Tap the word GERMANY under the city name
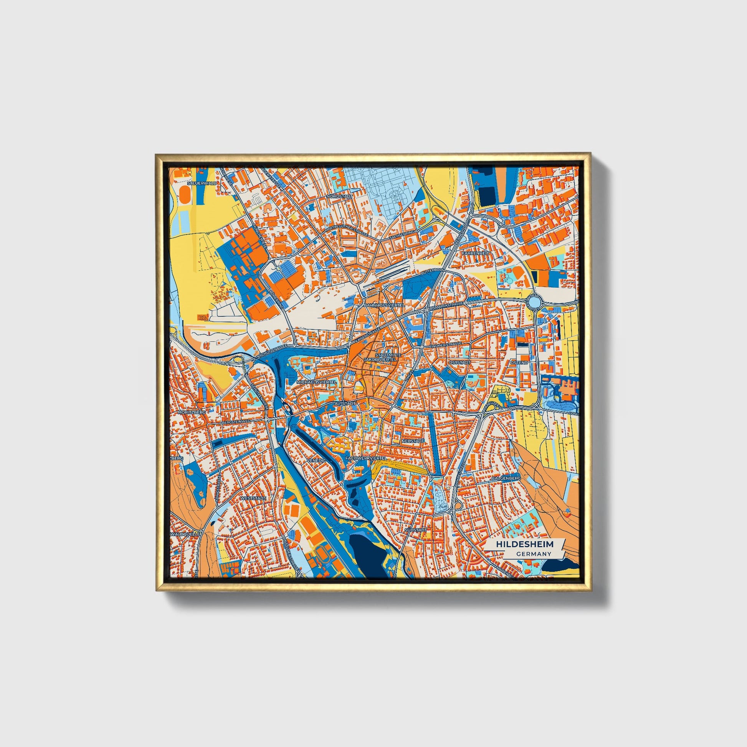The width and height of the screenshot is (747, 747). [x=533, y=554]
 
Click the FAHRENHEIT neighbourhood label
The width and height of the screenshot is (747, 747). [x=476, y=253]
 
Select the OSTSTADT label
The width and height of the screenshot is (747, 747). [x=459, y=363]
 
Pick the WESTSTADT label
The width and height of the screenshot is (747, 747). [x=253, y=498]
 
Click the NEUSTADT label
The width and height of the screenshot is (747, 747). [x=413, y=441]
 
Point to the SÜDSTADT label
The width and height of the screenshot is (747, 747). [x=416, y=529]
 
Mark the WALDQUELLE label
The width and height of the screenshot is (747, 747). [x=187, y=534]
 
